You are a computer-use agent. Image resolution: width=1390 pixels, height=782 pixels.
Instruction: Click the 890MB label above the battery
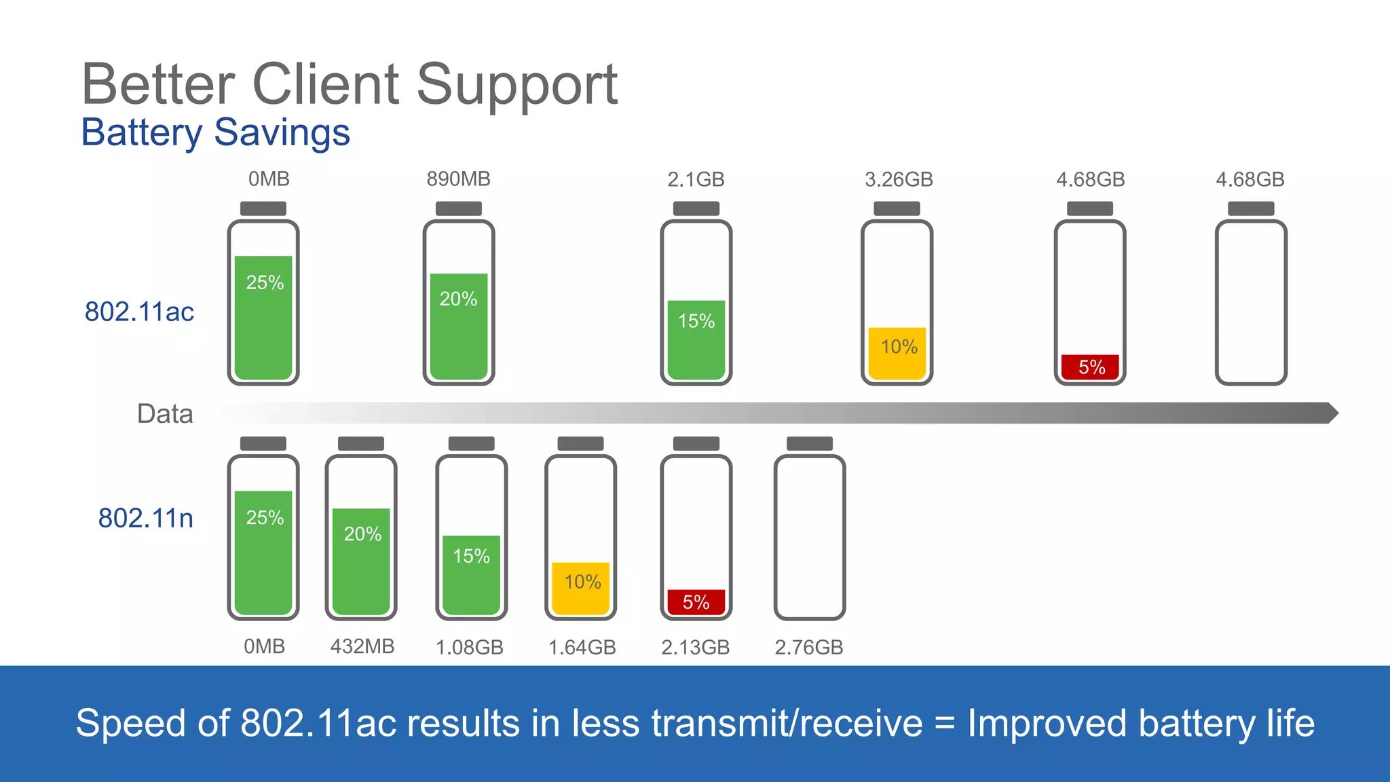tap(458, 179)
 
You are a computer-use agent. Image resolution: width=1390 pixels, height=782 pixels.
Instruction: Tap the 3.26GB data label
tap(899, 180)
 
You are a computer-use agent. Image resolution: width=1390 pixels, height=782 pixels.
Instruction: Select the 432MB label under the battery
tap(362, 646)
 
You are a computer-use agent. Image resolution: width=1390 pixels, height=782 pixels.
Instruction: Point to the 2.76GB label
tap(809, 648)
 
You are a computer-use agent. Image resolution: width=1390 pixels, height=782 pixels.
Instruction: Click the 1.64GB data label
tap(582, 648)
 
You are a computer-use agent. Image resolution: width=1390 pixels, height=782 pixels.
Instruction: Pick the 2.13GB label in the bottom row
tap(696, 648)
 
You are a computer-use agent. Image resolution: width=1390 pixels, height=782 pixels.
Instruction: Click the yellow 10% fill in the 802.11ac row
tap(897, 354)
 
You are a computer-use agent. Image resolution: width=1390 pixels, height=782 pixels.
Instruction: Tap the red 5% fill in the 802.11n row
tap(696, 602)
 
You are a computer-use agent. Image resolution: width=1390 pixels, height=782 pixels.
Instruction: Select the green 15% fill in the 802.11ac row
tap(696, 339)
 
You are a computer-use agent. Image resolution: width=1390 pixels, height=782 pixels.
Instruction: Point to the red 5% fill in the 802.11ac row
tap(1090, 367)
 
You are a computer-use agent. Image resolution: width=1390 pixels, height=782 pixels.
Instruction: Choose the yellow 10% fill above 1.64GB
tap(581, 588)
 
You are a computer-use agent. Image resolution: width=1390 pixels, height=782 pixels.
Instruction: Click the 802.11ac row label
tap(139, 312)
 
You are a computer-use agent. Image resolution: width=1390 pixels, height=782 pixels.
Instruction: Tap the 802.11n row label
tap(145, 518)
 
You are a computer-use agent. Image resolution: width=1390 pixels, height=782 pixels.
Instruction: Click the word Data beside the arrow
tap(165, 413)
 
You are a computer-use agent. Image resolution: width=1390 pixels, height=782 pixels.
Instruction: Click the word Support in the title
tap(516, 84)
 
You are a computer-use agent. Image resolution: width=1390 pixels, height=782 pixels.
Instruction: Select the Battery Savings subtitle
tap(215, 132)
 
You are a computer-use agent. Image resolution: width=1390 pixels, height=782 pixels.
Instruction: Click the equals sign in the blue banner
tap(945, 724)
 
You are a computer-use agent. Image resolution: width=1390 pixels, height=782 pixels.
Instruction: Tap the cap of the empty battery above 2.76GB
tap(809, 443)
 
